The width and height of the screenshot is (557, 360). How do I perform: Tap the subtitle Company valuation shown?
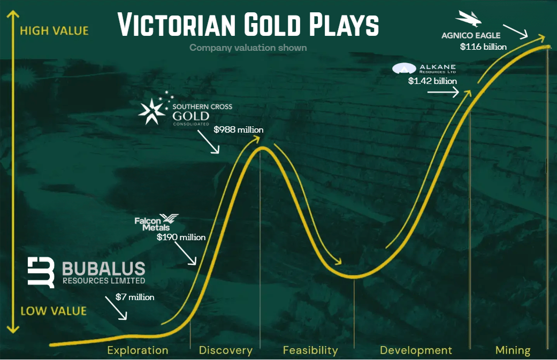248,48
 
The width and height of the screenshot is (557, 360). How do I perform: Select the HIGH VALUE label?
55,31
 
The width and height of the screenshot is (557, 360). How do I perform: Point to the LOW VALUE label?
54,311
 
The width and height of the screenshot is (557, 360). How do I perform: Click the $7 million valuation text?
135,297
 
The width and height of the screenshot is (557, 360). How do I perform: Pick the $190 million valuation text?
181,237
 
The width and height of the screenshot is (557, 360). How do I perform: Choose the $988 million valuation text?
238,130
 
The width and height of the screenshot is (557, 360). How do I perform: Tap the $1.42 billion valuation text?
432,81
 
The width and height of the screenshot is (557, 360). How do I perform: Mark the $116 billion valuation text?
483,47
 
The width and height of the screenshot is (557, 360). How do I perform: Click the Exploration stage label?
138,350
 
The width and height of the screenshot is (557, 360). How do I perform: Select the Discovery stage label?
226,350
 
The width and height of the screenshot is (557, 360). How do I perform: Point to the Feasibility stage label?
310,350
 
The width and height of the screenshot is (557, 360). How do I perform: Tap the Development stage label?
416,350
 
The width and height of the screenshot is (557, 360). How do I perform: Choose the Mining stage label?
513,350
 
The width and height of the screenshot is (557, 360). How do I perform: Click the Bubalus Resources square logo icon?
41,272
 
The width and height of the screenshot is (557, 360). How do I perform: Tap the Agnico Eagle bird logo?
469,19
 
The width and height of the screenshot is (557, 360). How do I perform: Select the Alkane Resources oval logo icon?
404,68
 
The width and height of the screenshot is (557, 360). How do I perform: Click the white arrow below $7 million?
116,308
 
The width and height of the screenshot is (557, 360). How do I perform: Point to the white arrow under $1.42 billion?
443,93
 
